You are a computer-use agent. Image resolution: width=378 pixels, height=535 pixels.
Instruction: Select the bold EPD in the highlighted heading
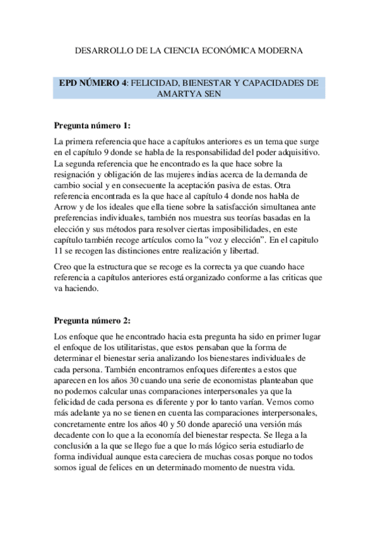tap(70, 83)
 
